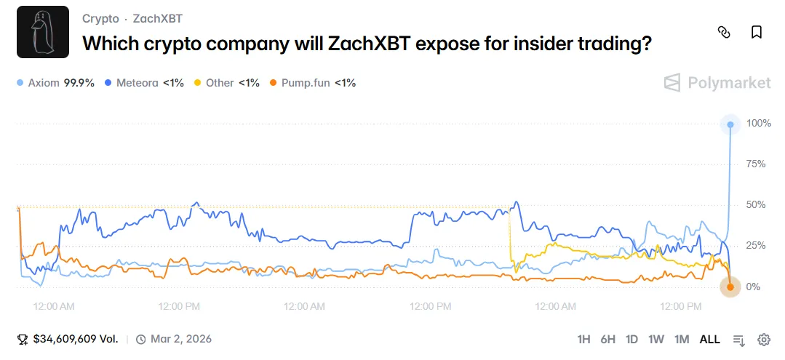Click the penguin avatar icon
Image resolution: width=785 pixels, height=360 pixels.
[x=42, y=32]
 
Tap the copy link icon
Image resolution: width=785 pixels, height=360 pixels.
[x=723, y=32]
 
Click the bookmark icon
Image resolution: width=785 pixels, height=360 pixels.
[x=757, y=32]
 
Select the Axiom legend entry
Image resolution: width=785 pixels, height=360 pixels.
[x=56, y=83]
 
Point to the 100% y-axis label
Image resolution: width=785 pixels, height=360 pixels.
[x=759, y=124]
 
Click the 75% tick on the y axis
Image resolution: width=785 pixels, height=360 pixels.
[x=757, y=164]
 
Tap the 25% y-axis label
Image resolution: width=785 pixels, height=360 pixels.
[x=757, y=246]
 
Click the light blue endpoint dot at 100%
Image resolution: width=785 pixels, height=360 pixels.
[x=730, y=124]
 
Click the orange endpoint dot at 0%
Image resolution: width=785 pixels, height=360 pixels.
[x=730, y=287]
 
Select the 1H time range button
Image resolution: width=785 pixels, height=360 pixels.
[x=583, y=340]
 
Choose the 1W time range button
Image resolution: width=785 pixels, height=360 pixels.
[x=656, y=340]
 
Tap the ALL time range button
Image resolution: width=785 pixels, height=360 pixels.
[x=709, y=340]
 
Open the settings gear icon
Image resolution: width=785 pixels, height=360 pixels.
[x=764, y=340]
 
